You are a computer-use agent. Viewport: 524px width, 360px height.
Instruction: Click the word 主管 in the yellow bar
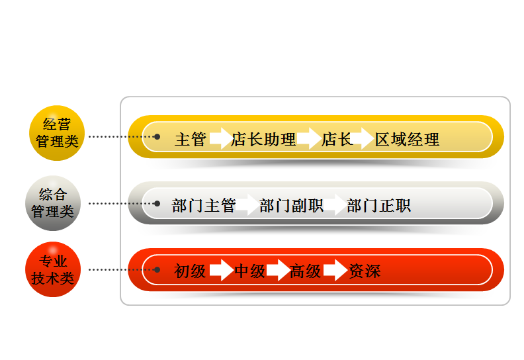click(x=191, y=140)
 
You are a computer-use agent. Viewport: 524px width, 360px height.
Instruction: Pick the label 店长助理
click(x=263, y=140)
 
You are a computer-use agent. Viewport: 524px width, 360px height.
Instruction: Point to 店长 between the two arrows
click(x=337, y=140)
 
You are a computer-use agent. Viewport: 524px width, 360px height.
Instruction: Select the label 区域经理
click(x=407, y=140)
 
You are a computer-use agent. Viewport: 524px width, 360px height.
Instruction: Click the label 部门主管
click(x=204, y=206)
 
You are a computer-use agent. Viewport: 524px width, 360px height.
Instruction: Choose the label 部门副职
click(x=291, y=206)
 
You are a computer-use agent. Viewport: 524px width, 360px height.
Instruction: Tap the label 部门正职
click(x=379, y=206)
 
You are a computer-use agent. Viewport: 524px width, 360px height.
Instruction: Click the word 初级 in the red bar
click(x=191, y=271)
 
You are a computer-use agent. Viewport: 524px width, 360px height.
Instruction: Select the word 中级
click(x=250, y=271)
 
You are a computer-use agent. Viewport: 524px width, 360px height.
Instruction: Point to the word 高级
click(x=305, y=271)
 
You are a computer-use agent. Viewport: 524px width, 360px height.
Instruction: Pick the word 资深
click(x=365, y=271)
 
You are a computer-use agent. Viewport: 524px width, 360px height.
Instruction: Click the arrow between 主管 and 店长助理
click(x=220, y=139)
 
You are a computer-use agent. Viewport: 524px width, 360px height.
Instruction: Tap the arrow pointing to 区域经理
click(x=362, y=139)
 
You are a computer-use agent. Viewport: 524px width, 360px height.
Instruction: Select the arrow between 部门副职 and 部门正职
click(x=335, y=205)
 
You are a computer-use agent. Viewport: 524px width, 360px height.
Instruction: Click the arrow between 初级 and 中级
click(x=221, y=270)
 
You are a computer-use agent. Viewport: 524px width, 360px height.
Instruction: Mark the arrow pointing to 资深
click(x=335, y=270)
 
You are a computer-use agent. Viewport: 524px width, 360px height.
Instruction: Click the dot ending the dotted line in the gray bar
click(x=157, y=203)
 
